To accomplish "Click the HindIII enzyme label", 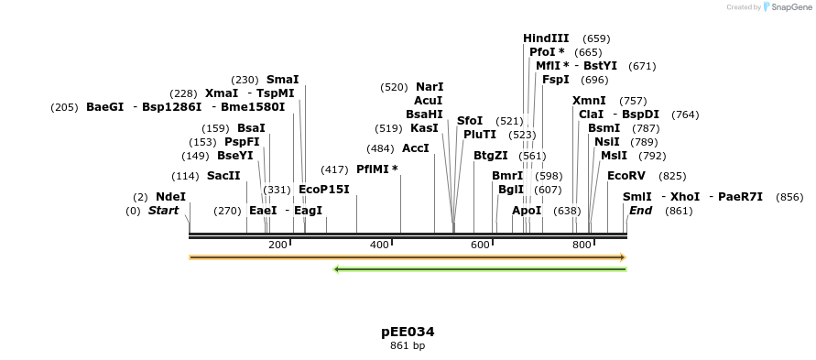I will (546, 38).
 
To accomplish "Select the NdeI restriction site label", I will (170, 197).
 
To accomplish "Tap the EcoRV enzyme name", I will (626, 176).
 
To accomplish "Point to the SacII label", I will (223, 176).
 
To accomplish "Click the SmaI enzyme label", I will (282, 80).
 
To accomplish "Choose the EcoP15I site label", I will (324, 190).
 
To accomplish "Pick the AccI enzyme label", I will (416, 148).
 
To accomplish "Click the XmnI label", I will (589, 101).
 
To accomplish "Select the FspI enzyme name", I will (556, 80).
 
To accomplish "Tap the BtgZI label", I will (491, 156).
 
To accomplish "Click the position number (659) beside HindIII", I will (596, 38).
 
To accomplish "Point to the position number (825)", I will (672, 176).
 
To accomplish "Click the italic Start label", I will (164, 211).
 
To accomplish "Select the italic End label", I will (640, 211).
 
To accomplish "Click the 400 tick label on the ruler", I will (379, 245).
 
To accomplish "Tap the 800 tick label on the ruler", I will (582, 245).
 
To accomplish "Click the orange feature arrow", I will (407, 257).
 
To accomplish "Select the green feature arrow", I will (480, 269).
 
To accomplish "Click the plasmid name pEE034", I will (408, 332).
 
